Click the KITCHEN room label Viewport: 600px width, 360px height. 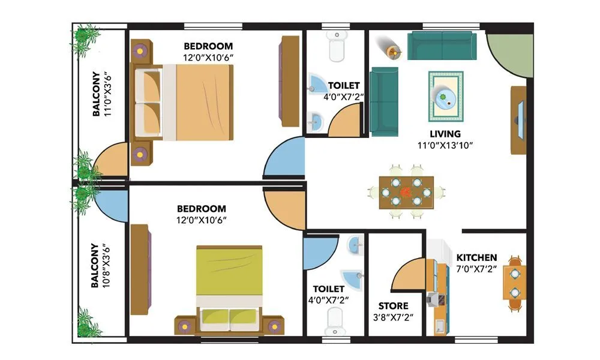476,257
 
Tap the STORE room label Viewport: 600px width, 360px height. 393,306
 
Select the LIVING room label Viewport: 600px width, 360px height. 445,134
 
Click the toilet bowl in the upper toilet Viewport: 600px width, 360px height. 337,46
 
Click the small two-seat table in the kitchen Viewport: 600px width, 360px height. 515,283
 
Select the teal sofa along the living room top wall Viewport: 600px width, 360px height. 442,46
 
